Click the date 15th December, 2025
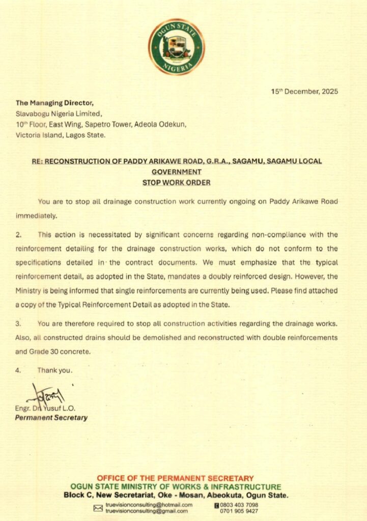pyautogui.click(x=304, y=92)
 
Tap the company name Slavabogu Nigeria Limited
pyautogui.click(x=60, y=113)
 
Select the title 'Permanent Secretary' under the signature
pyautogui.click(x=51, y=418)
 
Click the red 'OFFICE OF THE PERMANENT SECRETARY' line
pyautogui.click(x=175, y=478)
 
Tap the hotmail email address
pyautogui.click(x=149, y=505)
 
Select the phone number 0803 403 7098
pyautogui.click(x=239, y=505)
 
